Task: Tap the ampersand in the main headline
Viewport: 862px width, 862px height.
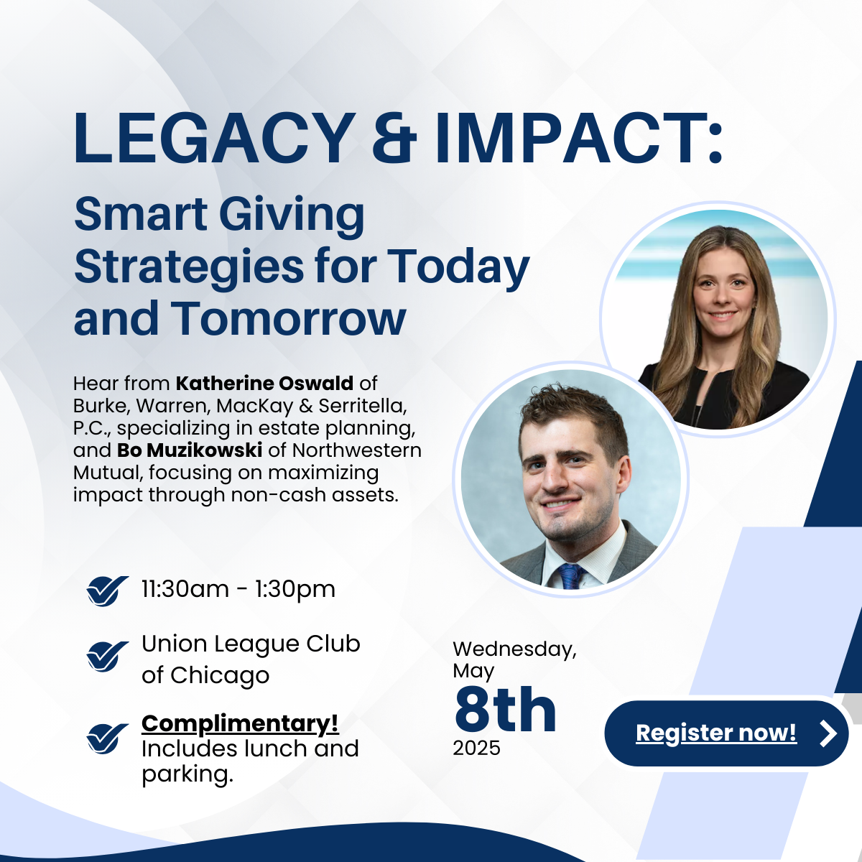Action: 394,137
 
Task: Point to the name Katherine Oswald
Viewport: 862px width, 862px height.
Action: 264,384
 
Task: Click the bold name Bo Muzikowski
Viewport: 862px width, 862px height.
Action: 190,450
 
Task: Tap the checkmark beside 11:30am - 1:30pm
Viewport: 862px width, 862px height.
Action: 107,590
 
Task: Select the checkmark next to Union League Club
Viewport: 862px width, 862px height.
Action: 107,656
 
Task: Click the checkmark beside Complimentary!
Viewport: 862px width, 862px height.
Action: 107,738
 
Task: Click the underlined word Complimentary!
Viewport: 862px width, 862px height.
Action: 240,723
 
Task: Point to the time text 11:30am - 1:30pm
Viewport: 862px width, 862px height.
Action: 238,589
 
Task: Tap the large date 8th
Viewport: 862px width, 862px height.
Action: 505,710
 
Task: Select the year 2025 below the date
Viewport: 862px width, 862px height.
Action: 476,749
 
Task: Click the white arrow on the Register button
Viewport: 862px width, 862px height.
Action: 828,733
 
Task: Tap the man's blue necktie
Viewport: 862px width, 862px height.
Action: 570,577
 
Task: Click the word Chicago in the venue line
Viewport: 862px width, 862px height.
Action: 220,676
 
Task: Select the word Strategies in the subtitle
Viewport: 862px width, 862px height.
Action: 189,267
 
